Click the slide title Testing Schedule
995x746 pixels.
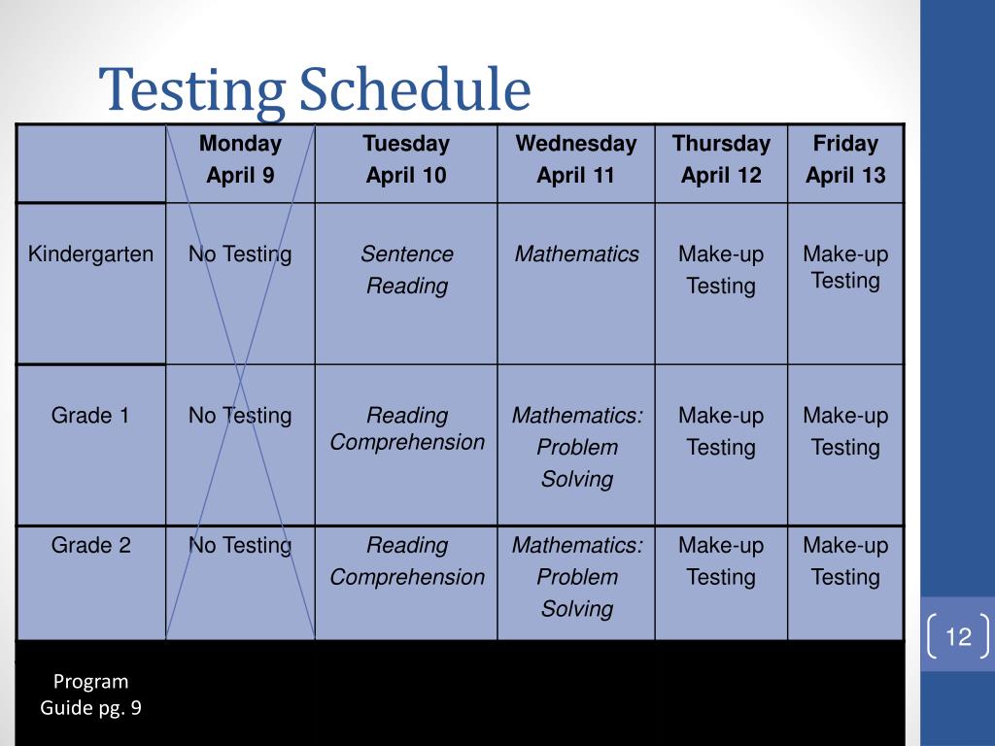click(x=317, y=90)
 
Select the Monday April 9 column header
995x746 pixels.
click(x=240, y=160)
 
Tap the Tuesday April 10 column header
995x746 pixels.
click(x=406, y=160)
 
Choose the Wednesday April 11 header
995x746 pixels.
click(x=576, y=160)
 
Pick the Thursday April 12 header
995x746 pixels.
click(x=721, y=160)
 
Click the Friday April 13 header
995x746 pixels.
click(x=845, y=160)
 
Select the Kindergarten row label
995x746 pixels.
click(x=90, y=254)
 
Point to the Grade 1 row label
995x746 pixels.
click(x=90, y=416)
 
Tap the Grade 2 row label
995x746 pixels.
click(x=90, y=546)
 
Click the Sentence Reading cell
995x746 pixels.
click(x=406, y=270)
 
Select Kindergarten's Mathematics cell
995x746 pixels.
click(x=576, y=254)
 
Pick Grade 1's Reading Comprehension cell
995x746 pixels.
click(x=406, y=429)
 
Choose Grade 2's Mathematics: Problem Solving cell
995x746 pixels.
click(x=576, y=577)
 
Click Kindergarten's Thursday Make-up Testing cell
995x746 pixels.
click(x=721, y=270)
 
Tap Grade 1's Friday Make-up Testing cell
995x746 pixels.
click(x=845, y=431)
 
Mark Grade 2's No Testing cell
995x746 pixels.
click(x=240, y=546)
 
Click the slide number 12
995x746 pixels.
click(x=958, y=637)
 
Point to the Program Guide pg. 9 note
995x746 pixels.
click(x=90, y=695)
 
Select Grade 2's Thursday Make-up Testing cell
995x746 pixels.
click(x=721, y=561)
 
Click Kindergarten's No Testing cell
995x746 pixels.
click(x=240, y=254)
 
